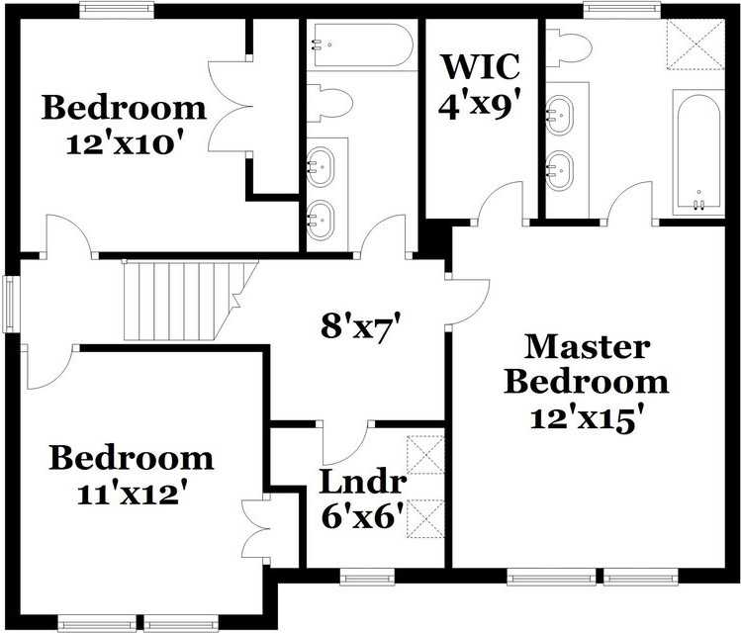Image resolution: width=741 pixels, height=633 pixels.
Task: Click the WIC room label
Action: pos(480,66)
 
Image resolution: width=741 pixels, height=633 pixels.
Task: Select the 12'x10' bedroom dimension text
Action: pos(124,142)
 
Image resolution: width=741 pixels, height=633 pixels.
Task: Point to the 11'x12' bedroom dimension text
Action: pos(132,492)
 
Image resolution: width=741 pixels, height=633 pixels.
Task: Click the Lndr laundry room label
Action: pos(362,483)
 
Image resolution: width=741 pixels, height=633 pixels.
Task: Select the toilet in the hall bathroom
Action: pos(330,102)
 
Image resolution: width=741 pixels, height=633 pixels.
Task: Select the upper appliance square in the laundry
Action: pos(426,456)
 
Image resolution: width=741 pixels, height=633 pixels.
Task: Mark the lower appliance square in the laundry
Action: pos(426,516)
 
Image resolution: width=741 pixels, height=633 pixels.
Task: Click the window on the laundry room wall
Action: pos(367,575)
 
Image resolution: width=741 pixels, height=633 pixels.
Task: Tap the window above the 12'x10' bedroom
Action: pos(117,10)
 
